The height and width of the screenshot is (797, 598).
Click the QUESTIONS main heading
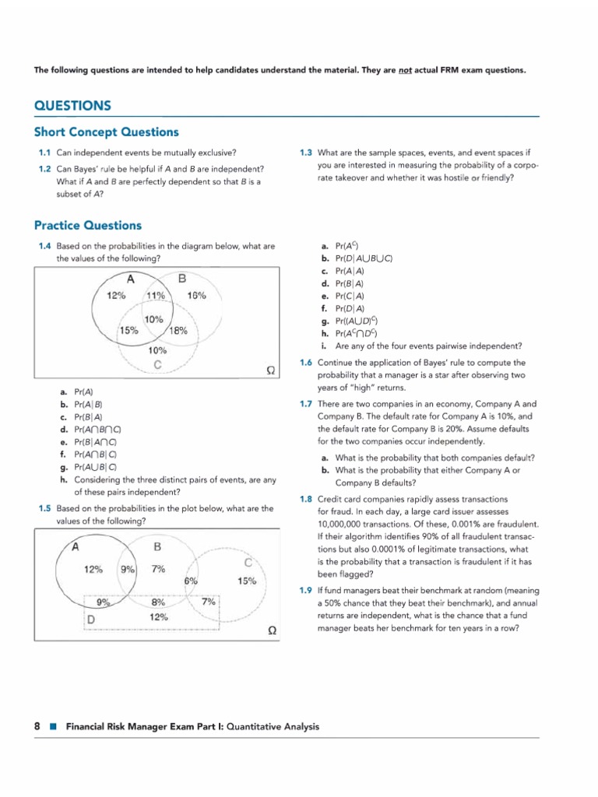(72, 106)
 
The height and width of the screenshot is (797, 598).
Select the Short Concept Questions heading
(106, 132)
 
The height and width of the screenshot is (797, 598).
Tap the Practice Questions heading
(88, 226)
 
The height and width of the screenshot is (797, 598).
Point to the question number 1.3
(306, 152)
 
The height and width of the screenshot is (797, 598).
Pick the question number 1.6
(306, 363)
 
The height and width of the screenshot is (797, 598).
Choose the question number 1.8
(306, 499)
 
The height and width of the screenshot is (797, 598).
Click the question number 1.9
(306, 590)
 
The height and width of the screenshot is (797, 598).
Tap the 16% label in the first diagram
(197, 295)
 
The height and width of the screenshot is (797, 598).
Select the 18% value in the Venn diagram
(178, 330)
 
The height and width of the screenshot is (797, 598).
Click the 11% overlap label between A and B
(155, 295)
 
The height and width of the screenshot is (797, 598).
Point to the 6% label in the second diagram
(191, 581)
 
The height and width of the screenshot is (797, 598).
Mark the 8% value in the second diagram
(158, 602)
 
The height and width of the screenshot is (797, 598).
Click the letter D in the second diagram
(90, 618)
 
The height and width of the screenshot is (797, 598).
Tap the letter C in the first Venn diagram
(157, 364)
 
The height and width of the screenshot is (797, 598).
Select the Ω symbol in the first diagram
(269, 371)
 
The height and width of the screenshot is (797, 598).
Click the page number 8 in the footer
(37, 726)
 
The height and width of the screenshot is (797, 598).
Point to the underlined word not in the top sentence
(405, 70)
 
